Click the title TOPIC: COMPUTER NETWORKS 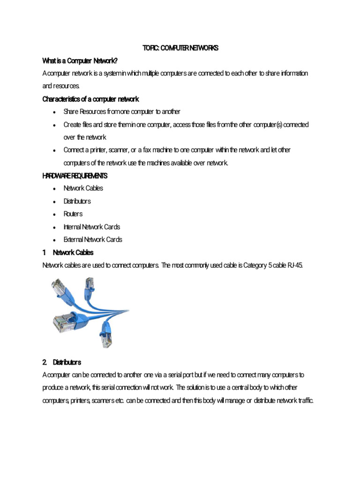[180, 48]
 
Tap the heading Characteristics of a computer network [90, 99]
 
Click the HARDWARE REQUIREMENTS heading [75, 176]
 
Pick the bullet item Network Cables [83, 188]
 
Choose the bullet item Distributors [77, 201]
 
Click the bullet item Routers [73, 214]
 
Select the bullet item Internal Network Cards [92, 227]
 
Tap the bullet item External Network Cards [93, 240]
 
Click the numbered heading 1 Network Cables [68, 252]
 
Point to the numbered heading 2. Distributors [62, 362]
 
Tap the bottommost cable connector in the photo [105, 338]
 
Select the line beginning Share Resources [122, 112]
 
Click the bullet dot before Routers [55, 214]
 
